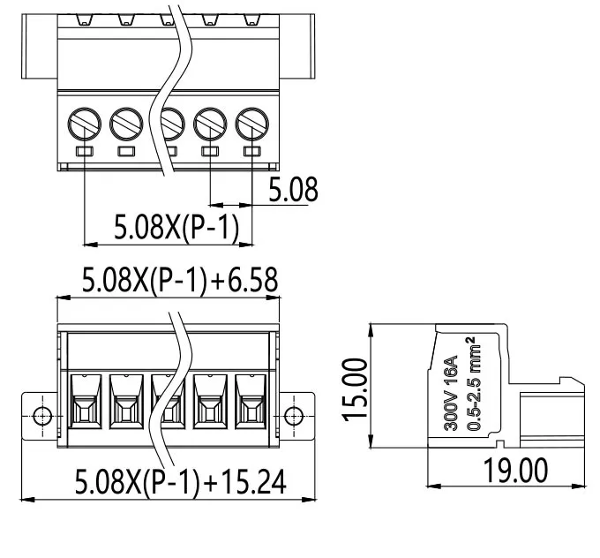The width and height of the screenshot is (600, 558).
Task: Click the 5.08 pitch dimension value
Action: [293, 189]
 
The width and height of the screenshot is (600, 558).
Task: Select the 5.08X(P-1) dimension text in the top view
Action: [176, 229]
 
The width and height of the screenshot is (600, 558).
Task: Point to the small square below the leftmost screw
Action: [85, 153]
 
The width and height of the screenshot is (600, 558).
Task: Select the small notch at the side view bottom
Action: [499, 444]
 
